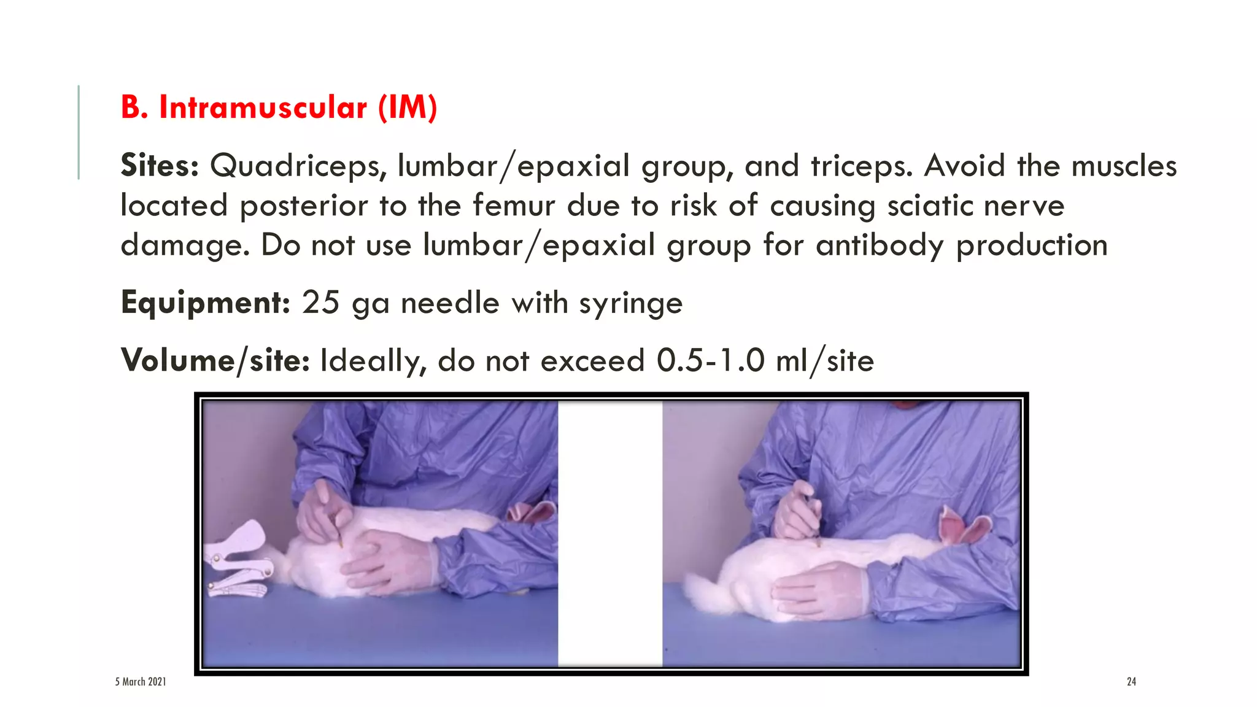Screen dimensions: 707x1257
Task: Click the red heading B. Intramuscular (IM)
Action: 279,107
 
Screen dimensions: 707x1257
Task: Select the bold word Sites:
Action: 160,166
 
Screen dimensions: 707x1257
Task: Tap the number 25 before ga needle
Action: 320,303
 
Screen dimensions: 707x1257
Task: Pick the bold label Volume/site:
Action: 215,360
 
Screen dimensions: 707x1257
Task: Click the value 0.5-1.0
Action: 711,360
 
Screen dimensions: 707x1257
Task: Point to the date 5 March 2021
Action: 141,681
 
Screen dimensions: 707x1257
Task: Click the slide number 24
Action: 1131,681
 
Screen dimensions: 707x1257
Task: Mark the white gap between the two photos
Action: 610,534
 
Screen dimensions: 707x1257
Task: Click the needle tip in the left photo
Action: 340,544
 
